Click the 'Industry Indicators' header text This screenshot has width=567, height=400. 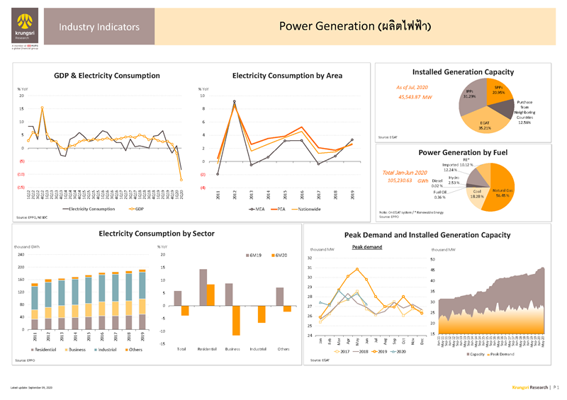click(94, 27)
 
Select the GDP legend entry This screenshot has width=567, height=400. click(135, 209)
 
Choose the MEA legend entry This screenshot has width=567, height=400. click(257, 209)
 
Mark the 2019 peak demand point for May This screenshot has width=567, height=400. click(357, 269)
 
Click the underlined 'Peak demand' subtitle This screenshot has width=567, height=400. click(367, 247)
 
